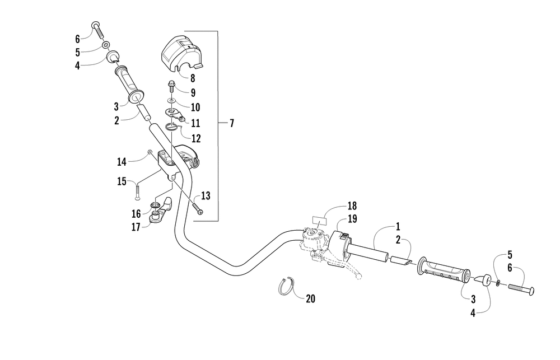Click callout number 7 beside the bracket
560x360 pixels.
coord(232,123)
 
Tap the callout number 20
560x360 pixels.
coord(310,298)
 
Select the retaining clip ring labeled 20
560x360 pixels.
coord(286,287)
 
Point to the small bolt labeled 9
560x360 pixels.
coord(171,87)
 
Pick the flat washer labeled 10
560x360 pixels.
coord(171,101)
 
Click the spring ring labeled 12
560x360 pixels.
coord(172,127)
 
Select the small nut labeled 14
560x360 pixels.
coord(150,153)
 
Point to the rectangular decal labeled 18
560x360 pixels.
coord(320,220)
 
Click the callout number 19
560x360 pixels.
coord(352,218)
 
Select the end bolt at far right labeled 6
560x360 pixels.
coord(521,288)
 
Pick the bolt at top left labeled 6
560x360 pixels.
coord(98,29)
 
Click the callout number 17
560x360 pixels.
coord(136,227)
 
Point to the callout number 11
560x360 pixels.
coord(195,123)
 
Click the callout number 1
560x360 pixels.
coord(398,226)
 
